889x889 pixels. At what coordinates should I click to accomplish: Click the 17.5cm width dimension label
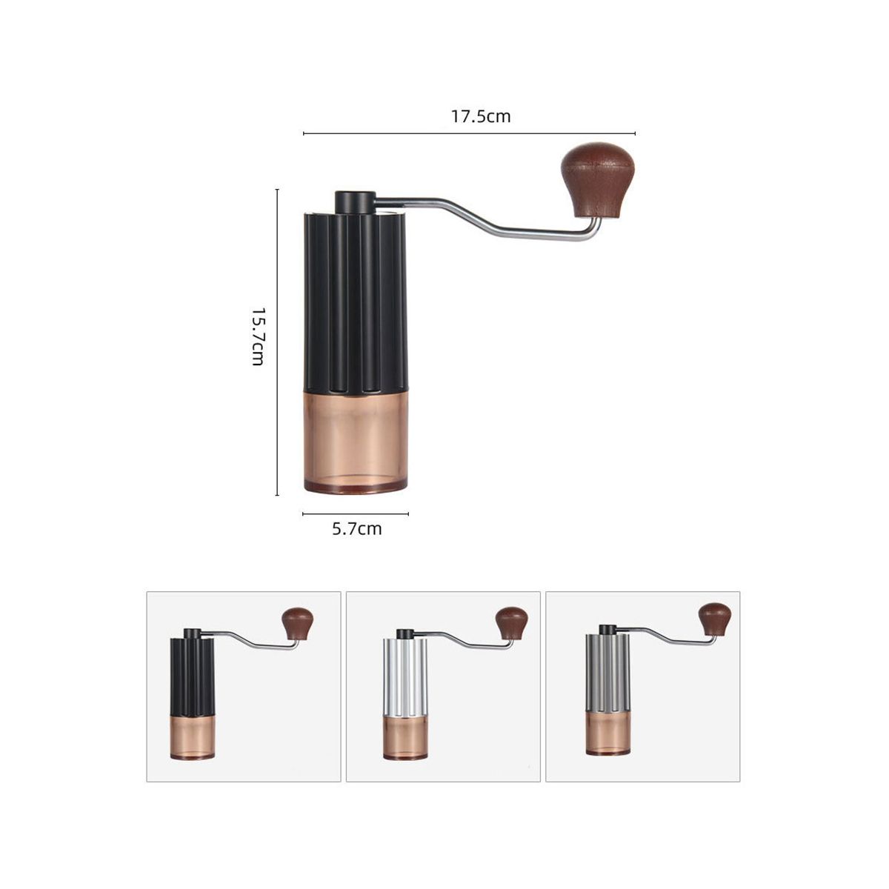tap(480, 116)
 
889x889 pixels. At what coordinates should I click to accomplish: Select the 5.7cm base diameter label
tap(356, 529)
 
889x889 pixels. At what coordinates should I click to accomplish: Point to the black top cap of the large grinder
tap(354, 202)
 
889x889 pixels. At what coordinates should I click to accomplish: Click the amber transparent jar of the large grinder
tap(356, 442)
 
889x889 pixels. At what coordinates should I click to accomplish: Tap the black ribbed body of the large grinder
tap(356, 304)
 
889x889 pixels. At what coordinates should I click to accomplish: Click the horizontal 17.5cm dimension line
tap(469, 133)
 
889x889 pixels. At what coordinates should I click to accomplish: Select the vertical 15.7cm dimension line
tap(277, 342)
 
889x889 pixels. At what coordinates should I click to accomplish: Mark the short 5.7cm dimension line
tap(356, 513)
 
